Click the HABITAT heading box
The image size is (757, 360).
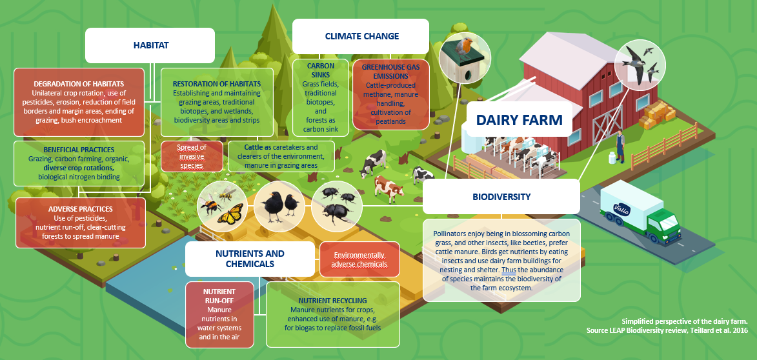(x=150, y=45)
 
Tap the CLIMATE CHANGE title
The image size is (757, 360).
(x=361, y=36)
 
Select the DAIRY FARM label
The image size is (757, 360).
(x=519, y=119)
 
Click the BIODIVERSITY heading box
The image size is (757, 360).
(x=501, y=196)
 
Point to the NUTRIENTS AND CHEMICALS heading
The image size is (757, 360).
(x=250, y=259)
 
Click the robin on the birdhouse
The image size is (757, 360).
(x=467, y=46)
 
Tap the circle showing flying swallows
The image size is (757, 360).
(x=640, y=65)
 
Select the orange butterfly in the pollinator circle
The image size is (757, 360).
(x=230, y=214)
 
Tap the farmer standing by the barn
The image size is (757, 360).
(x=620, y=146)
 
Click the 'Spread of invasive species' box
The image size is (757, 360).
(x=192, y=156)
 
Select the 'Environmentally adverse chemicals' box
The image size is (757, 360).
(x=360, y=259)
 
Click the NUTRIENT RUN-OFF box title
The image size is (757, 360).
(x=219, y=296)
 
